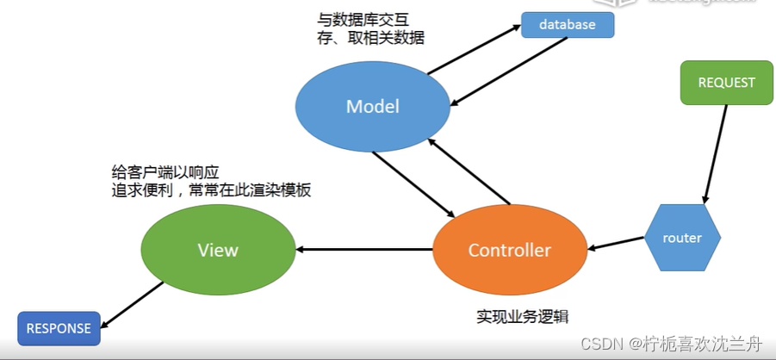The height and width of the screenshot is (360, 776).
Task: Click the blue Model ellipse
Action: click(x=372, y=107)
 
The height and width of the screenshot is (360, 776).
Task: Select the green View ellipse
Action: click(x=217, y=251)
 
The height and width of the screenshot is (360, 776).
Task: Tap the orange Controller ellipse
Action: click(x=509, y=251)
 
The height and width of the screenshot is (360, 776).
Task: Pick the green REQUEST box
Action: click(x=726, y=84)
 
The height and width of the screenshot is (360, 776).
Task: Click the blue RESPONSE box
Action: click(x=59, y=328)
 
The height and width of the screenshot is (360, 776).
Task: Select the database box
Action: click(x=568, y=25)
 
